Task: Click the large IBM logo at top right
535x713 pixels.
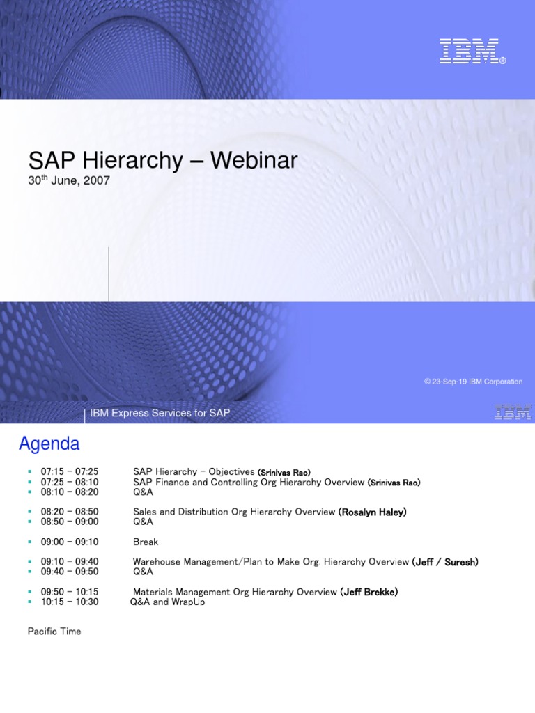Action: (x=472, y=52)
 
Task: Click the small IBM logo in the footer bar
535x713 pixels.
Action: (x=512, y=412)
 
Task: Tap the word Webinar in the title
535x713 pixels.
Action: (x=254, y=161)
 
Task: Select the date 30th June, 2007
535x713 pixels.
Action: (x=69, y=180)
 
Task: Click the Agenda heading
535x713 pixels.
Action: (x=49, y=444)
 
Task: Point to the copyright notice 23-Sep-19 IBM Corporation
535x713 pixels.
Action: (x=473, y=382)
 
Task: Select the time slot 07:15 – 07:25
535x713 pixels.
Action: (x=70, y=472)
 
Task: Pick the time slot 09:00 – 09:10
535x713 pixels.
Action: (x=70, y=542)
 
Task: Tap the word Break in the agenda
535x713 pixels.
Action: (x=146, y=542)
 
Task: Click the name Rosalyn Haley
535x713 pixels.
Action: (x=373, y=512)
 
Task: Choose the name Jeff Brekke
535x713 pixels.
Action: (x=369, y=592)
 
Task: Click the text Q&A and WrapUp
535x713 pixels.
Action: (x=167, y=602)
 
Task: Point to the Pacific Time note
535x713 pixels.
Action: (x=54, y=632)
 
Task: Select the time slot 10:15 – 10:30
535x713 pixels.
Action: (x=70, y=602)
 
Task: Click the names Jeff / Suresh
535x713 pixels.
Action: (x=445, y=562)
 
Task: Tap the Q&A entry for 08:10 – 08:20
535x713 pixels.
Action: (x=143, y=492)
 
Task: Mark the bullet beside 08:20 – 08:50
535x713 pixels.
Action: (x=30, y=512)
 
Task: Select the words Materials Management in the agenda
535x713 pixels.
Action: (x=178, y=592)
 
